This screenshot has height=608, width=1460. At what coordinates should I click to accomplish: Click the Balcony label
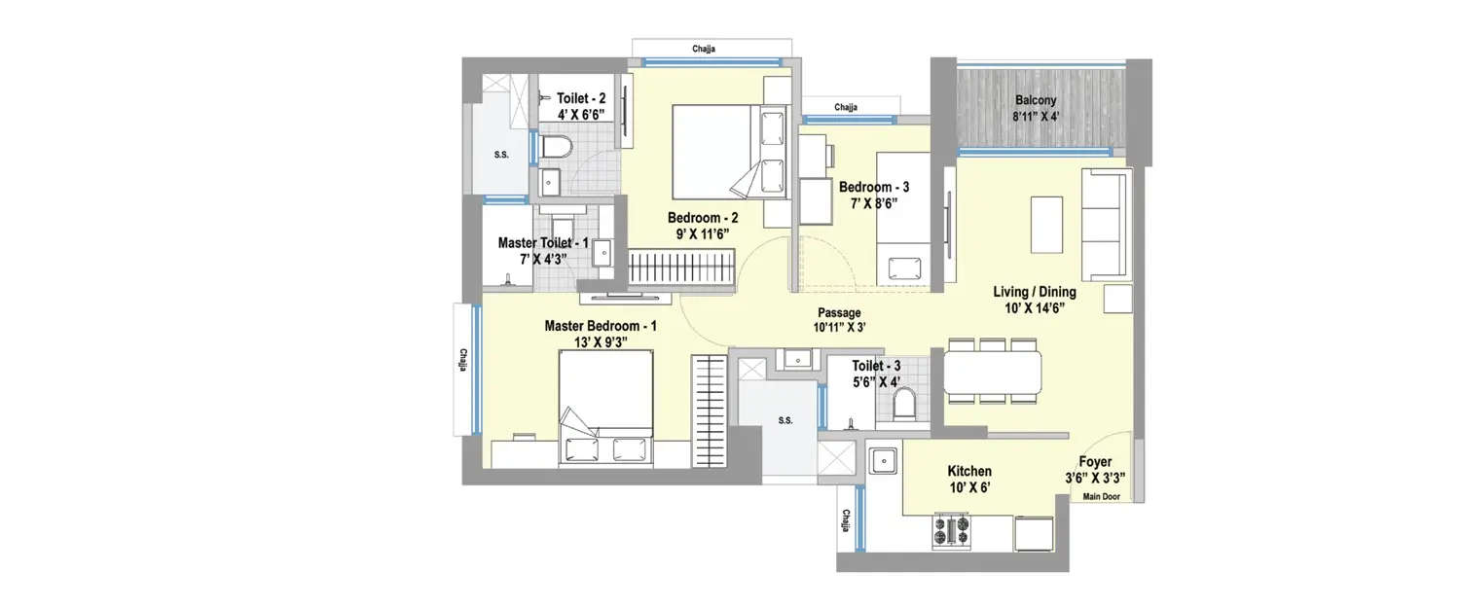click(1036, 99)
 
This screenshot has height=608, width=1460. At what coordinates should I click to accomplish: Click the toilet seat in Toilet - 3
click(905, 403)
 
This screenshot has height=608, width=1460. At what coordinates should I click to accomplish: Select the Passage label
click(838, 312)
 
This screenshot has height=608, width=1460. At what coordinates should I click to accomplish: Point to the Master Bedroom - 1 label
click(601, 326)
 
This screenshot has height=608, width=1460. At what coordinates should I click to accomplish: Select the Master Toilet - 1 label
click(543, 242)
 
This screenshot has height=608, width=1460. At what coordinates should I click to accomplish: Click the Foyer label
click(1095, 462)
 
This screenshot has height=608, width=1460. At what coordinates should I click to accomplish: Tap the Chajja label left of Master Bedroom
click(464, 360)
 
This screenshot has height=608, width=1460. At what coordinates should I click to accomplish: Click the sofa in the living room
click(1107, 224)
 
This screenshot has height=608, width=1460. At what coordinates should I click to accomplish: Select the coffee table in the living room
click(1046, 224)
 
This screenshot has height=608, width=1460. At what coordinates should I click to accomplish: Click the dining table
click(993, 371)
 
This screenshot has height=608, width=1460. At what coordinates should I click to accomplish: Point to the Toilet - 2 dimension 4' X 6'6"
click(581, 114)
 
